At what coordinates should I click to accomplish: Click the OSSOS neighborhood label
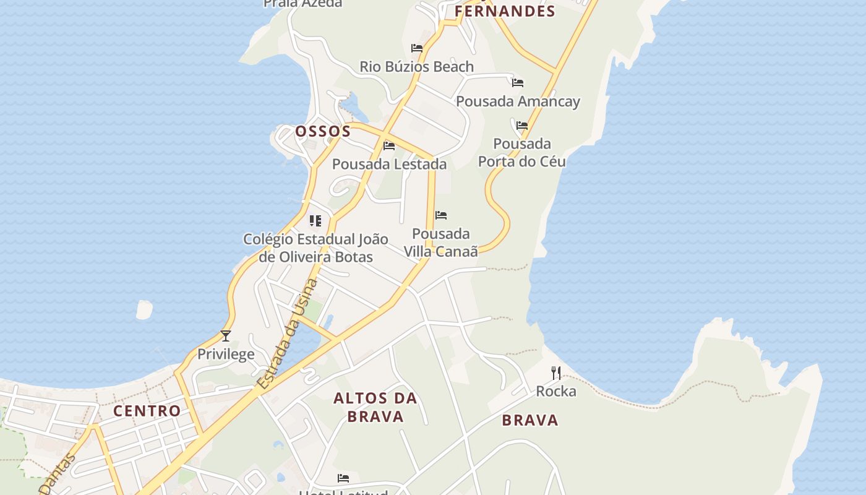[x=323, y=131]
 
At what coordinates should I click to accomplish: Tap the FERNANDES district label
[x=505, y=11]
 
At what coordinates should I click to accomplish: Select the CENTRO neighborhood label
[x=147, y=411]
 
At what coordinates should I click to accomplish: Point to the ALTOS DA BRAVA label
[x=375, y=407]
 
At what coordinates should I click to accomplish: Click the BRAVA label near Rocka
[x=530, y=420]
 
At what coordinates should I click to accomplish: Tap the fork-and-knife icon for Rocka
[x=556, y=373]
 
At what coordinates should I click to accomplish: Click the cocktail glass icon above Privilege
[x=226, y=336]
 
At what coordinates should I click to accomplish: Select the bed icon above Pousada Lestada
[x=389, y=146]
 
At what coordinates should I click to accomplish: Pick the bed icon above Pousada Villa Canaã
[x=441, y=215]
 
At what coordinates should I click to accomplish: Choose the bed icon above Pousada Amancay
[x=518, y=82]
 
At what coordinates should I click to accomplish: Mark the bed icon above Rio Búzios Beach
[x=417, y=48]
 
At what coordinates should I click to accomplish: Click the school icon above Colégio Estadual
[x=315, y=221]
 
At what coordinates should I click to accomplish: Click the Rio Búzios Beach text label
[x=417, y=66]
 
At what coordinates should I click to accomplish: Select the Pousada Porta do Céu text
[x=522, y=153]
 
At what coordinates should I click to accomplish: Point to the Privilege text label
[x=226, y=355]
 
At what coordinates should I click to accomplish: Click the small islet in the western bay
[x=144, y=309]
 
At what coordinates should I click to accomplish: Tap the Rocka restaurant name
[x=556, y=391]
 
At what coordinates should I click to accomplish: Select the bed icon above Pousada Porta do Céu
[x=522, y=126]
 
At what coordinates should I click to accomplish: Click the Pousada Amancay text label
[x=518, y=101]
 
